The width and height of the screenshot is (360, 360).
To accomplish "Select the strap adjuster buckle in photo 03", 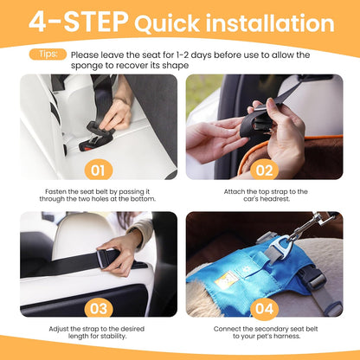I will [107, 257].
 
